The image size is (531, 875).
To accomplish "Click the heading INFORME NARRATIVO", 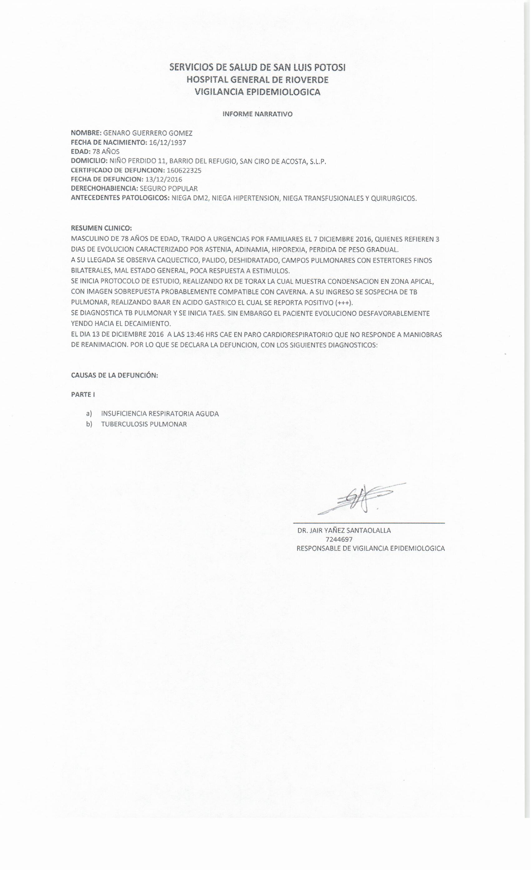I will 257,114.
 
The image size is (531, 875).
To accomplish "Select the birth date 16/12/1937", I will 167,143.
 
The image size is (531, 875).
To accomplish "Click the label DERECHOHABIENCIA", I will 104,188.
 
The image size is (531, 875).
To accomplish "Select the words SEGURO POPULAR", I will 169,188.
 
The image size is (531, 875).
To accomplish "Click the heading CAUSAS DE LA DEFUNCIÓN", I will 114,375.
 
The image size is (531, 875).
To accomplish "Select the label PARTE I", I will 83,394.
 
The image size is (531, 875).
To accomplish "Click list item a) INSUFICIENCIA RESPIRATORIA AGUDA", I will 160,414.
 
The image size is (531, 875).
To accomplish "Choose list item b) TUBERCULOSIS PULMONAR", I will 144,424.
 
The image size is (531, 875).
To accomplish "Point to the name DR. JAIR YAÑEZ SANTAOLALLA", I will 344,531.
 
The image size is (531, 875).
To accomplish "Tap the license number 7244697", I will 339,539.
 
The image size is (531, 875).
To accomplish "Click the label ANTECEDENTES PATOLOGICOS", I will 120,198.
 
